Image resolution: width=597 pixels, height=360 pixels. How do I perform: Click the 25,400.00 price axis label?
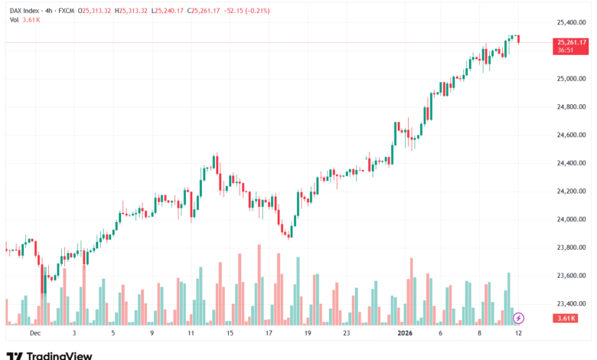tap(572, 22)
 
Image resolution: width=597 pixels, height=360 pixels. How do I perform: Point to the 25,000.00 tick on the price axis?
tap(572, 79)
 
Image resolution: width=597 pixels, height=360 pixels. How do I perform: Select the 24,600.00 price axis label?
tap(572, 135)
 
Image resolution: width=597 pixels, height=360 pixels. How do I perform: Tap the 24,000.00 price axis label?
tap(572, 220)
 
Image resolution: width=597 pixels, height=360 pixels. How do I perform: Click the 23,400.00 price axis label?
tap(572, 304)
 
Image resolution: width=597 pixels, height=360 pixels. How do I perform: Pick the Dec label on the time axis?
tap(34, 334)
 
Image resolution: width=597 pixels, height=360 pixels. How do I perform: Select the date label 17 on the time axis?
tap(269, 334)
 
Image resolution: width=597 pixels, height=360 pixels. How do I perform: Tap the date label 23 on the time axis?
tap(347, 334)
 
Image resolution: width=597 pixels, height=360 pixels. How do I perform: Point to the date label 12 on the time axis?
tap(519, 334)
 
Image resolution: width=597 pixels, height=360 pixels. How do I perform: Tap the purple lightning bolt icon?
tap(518, 318)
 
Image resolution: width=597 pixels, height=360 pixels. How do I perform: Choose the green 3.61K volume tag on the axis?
tap(570, 318)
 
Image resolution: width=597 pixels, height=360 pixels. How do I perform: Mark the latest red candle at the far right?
tap(519, 40)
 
